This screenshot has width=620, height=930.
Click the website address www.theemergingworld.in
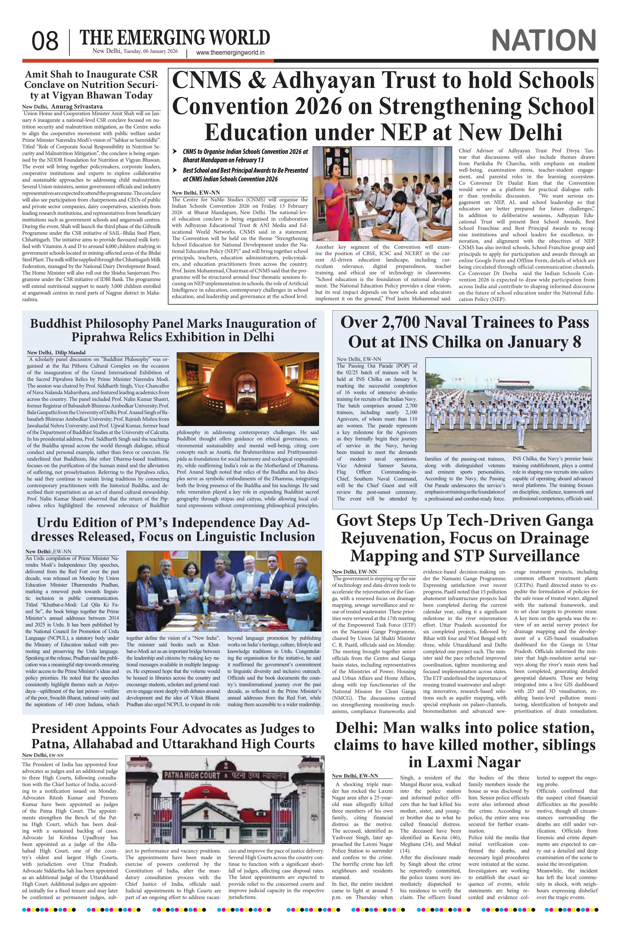pos(230,53)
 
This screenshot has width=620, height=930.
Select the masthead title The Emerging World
pos(175,38)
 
